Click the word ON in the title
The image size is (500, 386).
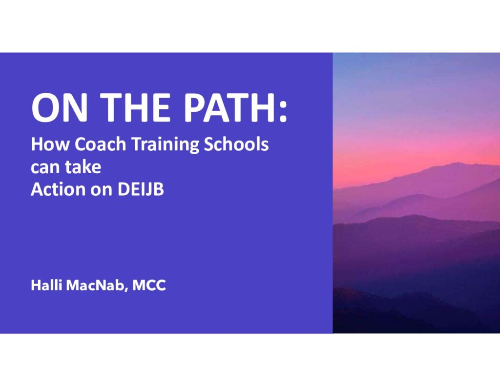[59, 107]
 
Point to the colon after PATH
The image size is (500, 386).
[283, 112]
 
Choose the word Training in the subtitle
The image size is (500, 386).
[166, 145]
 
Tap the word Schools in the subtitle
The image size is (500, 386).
[236, 144]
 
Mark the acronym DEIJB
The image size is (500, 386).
[141, 190]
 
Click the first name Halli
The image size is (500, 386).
[46, 285]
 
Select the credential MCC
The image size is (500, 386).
[149, 285]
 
